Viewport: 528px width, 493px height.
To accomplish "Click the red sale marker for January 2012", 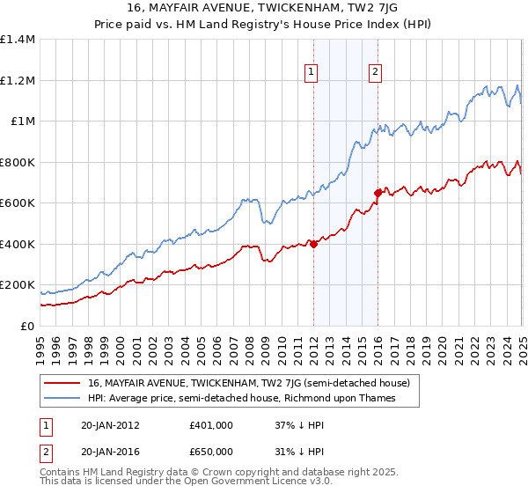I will pos(313,244).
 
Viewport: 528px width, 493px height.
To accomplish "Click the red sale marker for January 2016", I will pos(378,192).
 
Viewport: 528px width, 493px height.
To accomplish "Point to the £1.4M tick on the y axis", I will pos(18,40).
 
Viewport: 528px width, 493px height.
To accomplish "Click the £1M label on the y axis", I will pos(22,121).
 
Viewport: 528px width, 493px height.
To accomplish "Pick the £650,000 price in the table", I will pos(210,450).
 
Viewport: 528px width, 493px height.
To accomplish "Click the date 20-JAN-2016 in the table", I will pos(110,450).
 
